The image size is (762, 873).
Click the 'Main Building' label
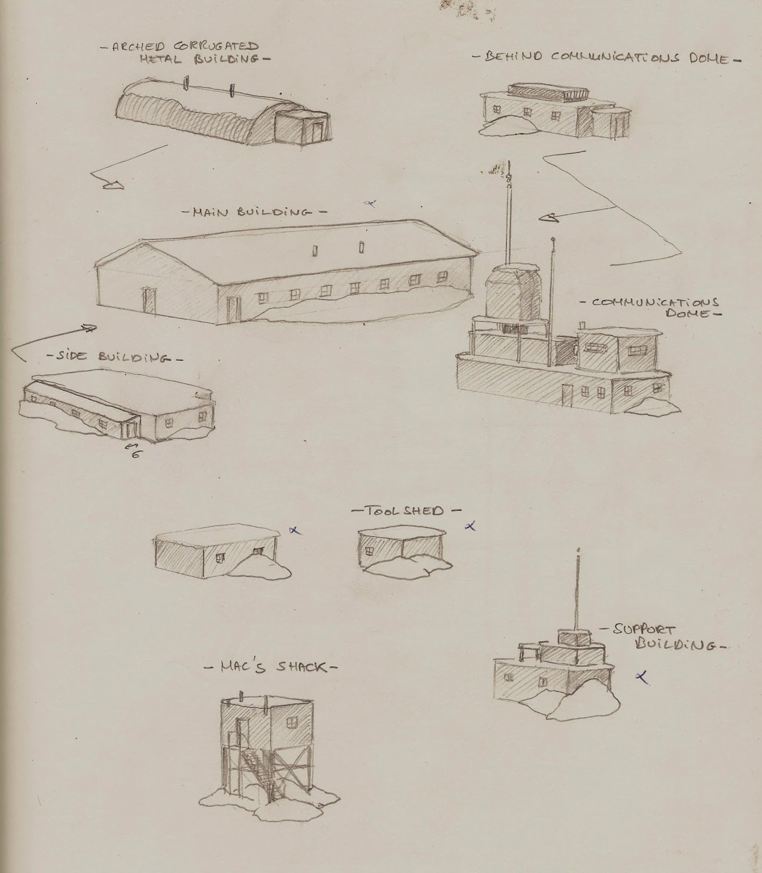coord(254,212)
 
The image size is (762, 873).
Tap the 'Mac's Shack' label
coord(271,667)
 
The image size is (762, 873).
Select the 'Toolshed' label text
coord(406,511)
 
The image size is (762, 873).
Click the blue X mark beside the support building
coord(643,677)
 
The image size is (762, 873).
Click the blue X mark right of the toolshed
coord(470,526)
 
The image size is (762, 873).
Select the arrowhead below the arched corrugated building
coord(114,186)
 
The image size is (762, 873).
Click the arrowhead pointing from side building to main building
coord(87,328)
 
